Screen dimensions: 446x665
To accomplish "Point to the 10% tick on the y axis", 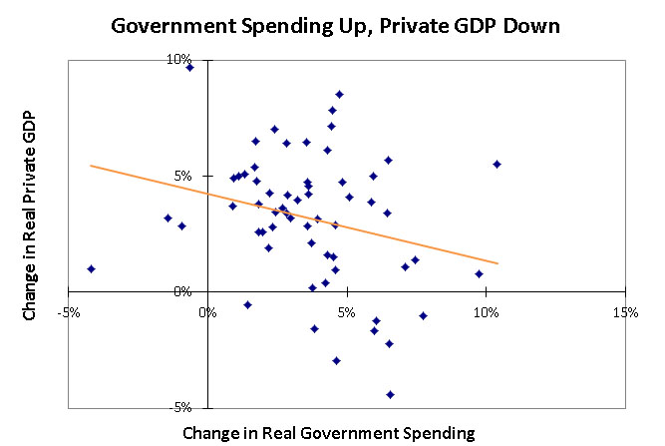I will point(180,60).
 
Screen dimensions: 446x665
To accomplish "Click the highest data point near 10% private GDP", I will point(189,67).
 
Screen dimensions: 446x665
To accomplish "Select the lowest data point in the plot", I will point(390,394).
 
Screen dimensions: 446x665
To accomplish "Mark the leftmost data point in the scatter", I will point(91,268).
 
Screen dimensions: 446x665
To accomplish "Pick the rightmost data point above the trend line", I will point(497,164).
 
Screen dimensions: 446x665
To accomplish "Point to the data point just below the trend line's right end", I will point(479,273).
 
